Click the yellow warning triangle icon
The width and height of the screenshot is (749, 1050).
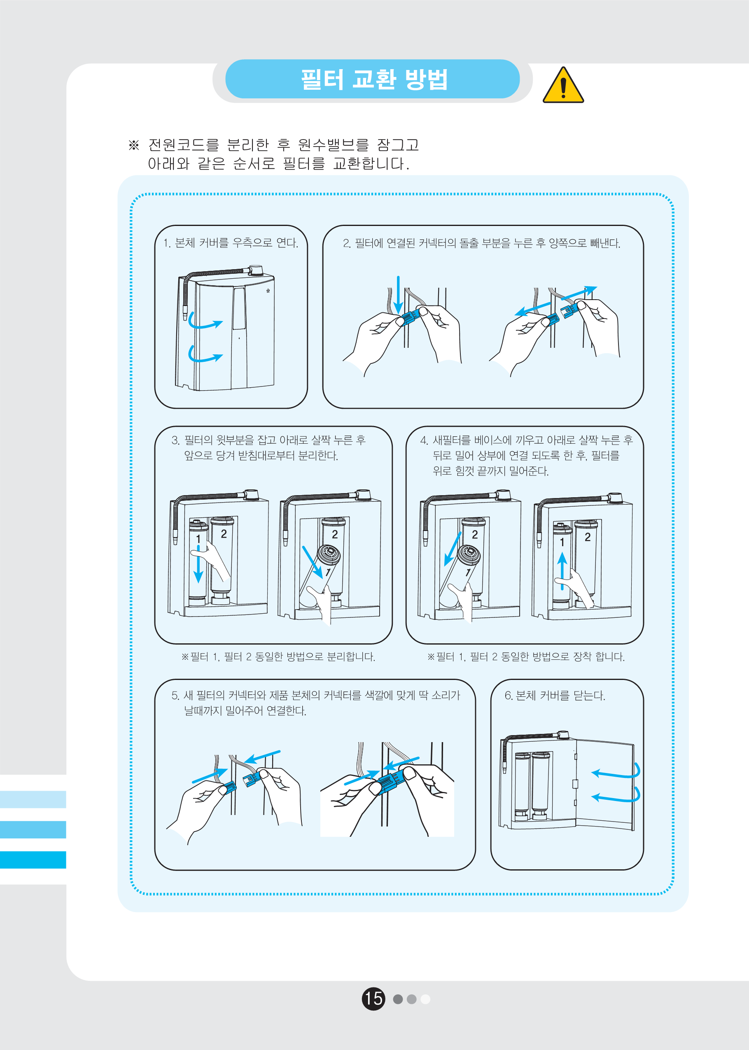563,85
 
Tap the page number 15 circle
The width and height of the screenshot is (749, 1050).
373,999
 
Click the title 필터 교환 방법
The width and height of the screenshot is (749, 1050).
374,79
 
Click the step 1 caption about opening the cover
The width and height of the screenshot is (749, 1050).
231,243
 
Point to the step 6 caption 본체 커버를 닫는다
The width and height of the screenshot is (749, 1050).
555,696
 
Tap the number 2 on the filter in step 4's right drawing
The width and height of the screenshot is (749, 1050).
588,537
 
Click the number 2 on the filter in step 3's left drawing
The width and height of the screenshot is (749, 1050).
224,534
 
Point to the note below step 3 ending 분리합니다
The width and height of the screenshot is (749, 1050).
278,657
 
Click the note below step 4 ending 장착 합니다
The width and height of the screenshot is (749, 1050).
526,657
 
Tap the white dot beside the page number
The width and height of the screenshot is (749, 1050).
426,999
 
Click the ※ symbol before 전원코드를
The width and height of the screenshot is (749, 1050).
134,145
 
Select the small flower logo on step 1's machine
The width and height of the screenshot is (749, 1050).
268,291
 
